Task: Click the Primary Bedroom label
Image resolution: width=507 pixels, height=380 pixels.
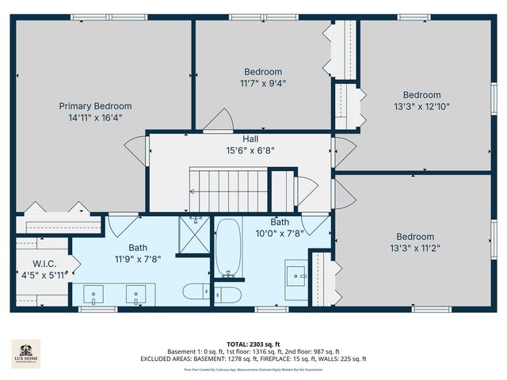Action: click(95, 106)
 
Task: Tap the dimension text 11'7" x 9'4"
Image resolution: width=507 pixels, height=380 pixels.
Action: click(263, 82)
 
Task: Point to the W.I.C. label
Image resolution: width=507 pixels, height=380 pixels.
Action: click(44, 264)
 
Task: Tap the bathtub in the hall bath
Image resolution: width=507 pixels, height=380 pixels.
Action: click(227, 249)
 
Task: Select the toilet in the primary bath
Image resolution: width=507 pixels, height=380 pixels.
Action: click(196, 291)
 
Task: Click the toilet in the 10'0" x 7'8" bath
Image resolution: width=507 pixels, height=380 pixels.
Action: click(228, 295)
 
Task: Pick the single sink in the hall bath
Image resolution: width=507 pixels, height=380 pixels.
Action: click(296, 276)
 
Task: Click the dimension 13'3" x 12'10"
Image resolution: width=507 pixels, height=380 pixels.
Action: click(421, 106)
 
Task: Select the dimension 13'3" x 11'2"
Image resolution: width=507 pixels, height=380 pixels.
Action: click(415, 248)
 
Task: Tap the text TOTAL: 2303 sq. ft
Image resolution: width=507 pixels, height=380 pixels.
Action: click(253, 344)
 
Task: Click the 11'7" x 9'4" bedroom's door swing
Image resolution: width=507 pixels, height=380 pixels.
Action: click(217, 120)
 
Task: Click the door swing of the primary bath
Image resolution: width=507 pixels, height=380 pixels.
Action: click(122, 225)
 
